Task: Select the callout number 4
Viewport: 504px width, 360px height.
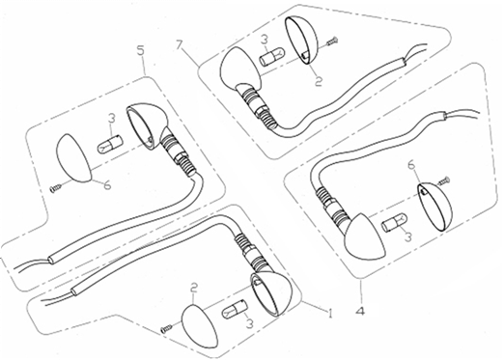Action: pos(361,311)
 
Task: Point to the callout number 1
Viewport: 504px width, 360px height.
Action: pos(329,312)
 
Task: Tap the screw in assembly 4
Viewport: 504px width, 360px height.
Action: pos(444,180)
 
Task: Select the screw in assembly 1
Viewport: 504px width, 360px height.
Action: pos(166,328)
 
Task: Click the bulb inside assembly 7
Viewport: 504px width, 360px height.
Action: pos(270,59)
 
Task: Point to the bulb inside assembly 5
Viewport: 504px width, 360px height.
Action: pos(108,144)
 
